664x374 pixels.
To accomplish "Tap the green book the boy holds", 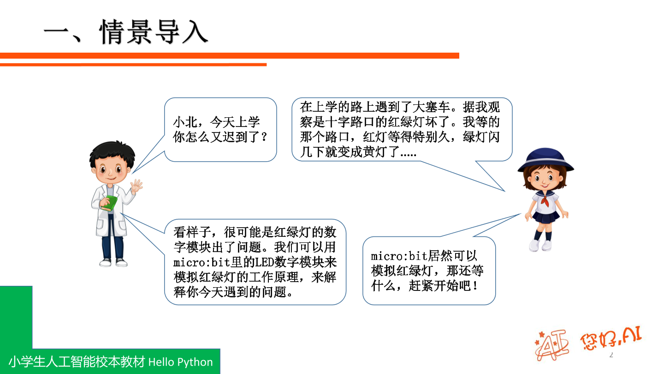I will point(109,204).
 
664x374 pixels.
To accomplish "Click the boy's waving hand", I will point(136,187).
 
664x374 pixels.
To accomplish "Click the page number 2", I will point(612,355).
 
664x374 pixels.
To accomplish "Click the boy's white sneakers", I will point(113,262).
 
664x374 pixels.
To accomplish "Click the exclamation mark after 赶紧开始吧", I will point(475,285).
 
